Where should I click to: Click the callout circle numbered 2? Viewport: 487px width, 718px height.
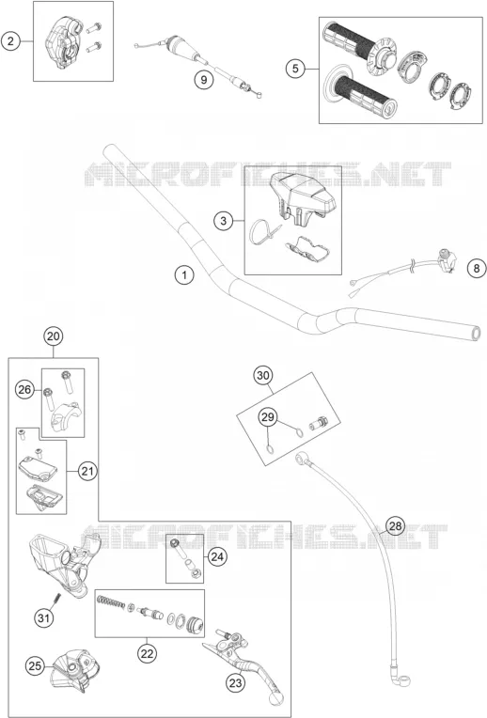(10, 41)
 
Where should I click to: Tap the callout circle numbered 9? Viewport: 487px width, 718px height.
(203, 80)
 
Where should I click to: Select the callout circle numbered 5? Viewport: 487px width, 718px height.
(295, 69)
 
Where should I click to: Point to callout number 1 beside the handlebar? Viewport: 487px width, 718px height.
(184, 275)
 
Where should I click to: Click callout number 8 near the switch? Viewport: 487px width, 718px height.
(477, 268)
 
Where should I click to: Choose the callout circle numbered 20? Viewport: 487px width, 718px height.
(54, 336)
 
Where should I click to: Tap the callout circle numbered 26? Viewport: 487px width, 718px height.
(24, 390)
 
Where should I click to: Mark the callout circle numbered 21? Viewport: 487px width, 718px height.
(87, 471)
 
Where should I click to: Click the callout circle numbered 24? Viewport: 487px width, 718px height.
(217, 556)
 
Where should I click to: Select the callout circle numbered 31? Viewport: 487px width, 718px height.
(43, 618)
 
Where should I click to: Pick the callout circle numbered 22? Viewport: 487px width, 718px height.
(147, 653)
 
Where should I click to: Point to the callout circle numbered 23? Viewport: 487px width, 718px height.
(235, 683)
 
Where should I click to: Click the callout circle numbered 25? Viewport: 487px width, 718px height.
(36, 665)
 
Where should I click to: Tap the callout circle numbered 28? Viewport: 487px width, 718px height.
(395, 525)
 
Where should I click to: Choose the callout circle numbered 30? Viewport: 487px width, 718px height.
(263, 376)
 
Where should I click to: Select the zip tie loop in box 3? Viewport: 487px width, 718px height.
(263, 230)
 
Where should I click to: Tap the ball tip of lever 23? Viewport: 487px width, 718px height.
(275, 699)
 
